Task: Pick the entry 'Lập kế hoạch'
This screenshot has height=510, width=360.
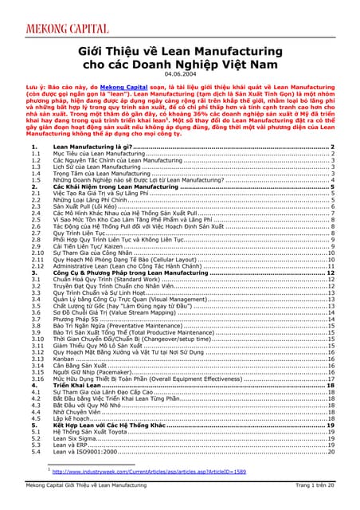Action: click(74, 418)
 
